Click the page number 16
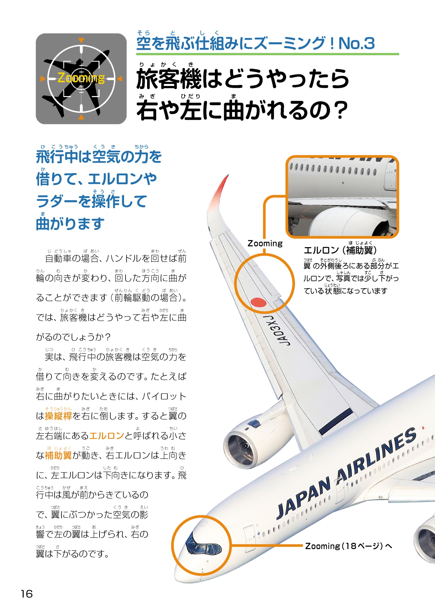tap(27, 593)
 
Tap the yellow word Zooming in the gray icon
tap(81, 78)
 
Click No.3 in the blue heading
tap(356, 43)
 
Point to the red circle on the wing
tap(258, 303)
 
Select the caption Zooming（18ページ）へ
tap(348, 546)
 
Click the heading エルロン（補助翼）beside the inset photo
tap(340, 250)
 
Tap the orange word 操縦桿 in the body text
tap(58, 416)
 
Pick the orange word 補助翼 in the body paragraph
tap(58, 455)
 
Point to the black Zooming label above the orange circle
tap(265, 243)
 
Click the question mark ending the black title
tap(341, 110)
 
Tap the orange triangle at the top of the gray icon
tap(81, 40)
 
